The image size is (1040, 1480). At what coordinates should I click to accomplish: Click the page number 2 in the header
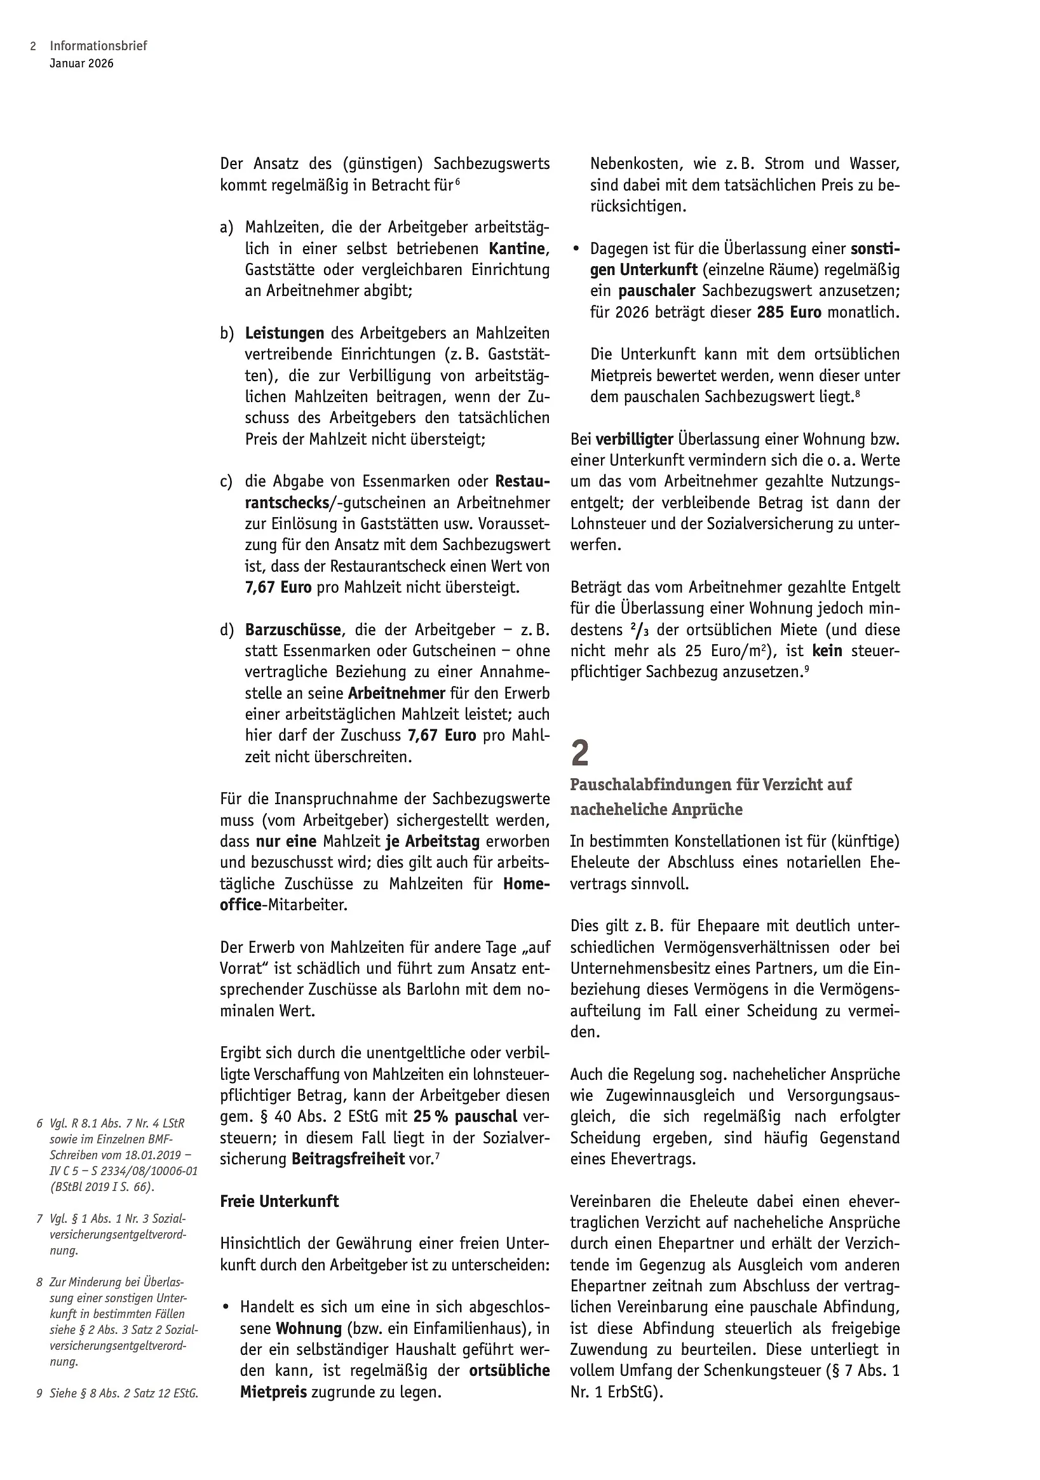tap(33, 46)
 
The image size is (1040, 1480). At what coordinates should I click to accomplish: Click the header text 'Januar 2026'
tap(81, 63)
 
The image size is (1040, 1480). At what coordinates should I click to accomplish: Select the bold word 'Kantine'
tap(517, 248)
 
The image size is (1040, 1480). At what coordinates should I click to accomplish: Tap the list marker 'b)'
tap(226, 333)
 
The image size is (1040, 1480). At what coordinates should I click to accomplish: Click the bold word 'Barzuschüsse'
tap(294, 629)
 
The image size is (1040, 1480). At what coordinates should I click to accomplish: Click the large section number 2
tap(579, 753)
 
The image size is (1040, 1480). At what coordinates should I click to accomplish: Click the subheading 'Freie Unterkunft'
tap(279, 1201)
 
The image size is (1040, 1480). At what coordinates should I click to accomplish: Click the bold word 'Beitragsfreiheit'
tap(348, 1159)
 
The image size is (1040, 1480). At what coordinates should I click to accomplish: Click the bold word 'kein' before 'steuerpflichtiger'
tap(827, 650)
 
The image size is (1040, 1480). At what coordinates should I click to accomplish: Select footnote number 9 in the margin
tap(39, 1392)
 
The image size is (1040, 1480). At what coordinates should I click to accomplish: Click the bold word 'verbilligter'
tap(635, 439)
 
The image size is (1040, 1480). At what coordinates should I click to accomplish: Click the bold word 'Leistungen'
tap(285, 333)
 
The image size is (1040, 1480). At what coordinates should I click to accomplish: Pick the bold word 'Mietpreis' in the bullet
tap(273, 1392)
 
